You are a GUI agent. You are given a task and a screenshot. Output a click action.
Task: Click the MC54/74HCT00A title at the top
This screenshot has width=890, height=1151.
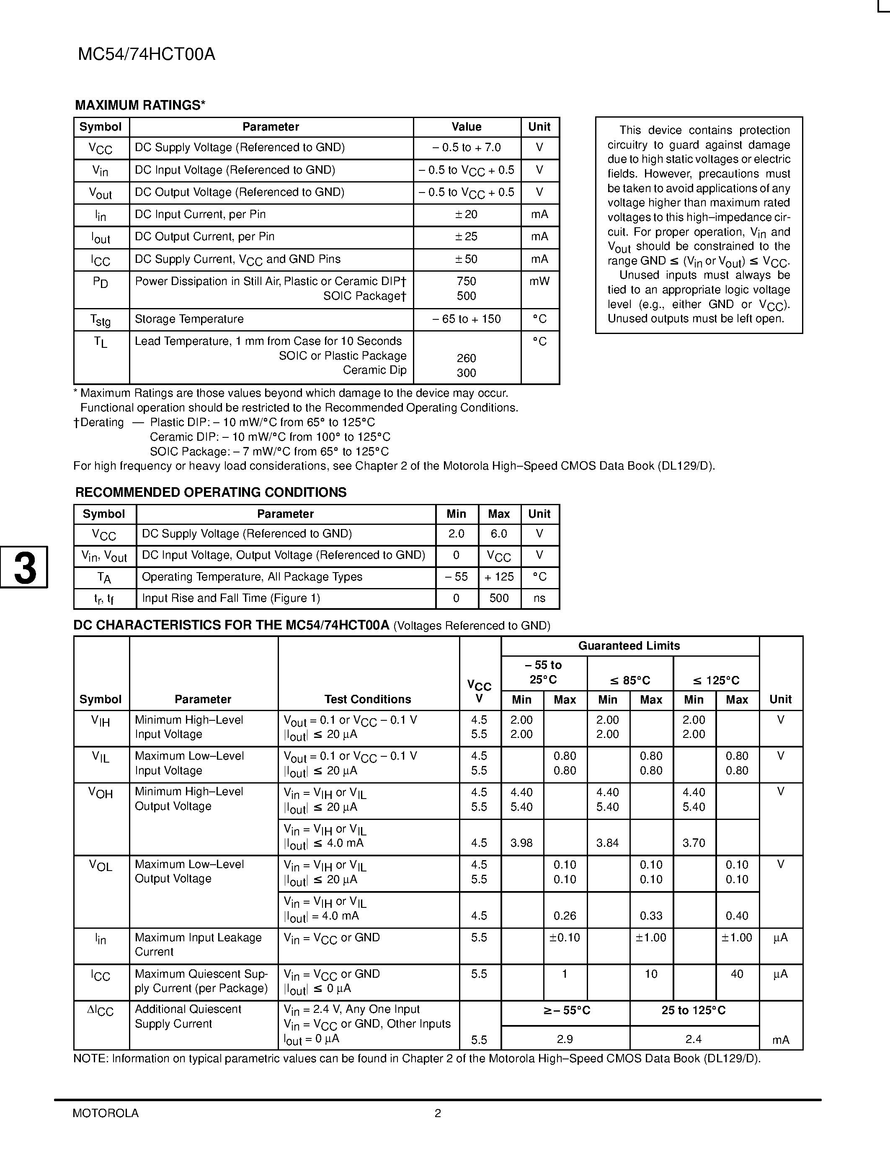pyautogui.click(x=147, y=55)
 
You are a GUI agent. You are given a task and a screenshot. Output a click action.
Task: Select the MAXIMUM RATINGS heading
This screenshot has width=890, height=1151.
pyautogui.click(x=140, y=105)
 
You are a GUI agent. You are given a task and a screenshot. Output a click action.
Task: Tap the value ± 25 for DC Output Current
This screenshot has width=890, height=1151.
pyautogui.click(x=466, y=236)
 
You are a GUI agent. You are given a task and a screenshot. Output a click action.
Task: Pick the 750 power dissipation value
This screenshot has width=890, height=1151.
pyautogui.click(x=466, y=281)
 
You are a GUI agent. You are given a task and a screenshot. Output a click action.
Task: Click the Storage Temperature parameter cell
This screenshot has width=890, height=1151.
pyautogui.click(x=189, y=319)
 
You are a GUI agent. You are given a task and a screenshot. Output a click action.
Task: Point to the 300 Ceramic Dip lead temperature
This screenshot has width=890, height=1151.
pyautogui.click(x=466, y=373)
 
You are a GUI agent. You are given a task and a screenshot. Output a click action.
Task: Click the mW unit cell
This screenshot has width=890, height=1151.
pyautogui.click(x=539, y=281)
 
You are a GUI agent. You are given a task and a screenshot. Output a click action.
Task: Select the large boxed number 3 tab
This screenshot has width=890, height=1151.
pyautogui.click(x=24, y=567)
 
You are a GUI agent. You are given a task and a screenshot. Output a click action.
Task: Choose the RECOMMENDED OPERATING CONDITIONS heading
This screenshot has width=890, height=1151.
pyautogui.click(x=211, y=492)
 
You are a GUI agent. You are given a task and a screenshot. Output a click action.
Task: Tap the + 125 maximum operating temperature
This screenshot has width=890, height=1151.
pyautogui.click(x=499, y=577)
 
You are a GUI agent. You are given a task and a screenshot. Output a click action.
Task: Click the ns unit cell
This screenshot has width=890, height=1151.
pyautogui.click(x=539, y=598)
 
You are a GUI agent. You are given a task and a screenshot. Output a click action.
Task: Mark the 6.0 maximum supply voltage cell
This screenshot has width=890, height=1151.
pyautogui.click(x=499, y=534)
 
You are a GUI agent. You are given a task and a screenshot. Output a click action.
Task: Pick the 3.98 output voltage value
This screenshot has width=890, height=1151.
pyautogui.click(x=521, y=843)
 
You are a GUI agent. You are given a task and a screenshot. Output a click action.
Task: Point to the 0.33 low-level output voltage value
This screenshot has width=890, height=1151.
pyautogui.click(x=651, y=916)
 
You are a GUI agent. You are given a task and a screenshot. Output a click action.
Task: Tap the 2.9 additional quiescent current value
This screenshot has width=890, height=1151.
pyautogui.click(x=565, y=1039)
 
